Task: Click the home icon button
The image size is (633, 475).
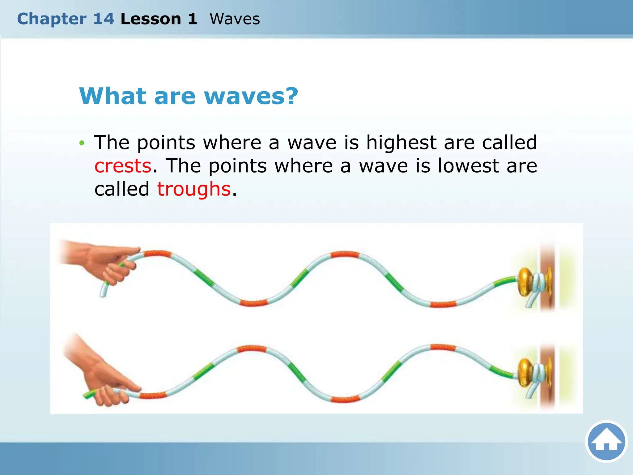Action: (606, 442)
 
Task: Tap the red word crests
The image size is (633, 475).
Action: (123, 166)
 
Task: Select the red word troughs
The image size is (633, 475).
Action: (194, 189)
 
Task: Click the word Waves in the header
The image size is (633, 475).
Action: (235, 19)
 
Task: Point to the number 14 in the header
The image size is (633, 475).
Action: (104, 19)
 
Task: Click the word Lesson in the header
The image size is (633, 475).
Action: (151, 19)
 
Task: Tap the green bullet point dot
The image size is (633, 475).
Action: (82, 143)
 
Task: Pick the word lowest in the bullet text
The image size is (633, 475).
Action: (468, 166)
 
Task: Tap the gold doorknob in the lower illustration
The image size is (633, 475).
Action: (525, 372)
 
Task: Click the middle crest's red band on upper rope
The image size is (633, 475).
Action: (345, 255)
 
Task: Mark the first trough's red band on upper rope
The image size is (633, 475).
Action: (254, 303)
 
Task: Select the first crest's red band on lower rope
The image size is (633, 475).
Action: (252, 349)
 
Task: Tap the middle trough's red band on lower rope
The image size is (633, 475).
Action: (345, 399)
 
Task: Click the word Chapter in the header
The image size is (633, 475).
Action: (52, 19)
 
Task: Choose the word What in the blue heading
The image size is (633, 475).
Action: (113, 96)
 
